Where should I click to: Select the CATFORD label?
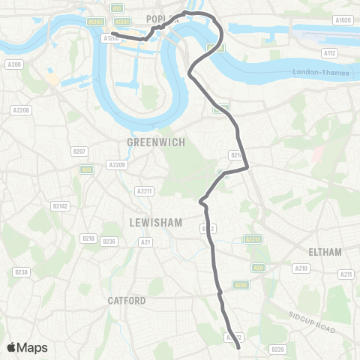click(126, 301)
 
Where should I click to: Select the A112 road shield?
click(329, 52)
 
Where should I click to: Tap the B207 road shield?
click(79, 151)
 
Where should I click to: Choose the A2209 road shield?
click(116, 164)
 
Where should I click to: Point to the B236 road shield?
click(109, 241)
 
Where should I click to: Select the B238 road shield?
click(21, 272)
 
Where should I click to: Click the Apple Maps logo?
click(27, 347)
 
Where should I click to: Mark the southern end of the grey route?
click(238, 347)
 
